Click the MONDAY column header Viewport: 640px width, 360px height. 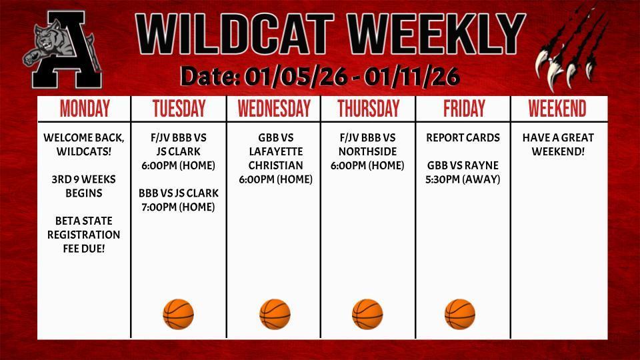pos(85,109)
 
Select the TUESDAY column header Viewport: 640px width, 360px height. pos(179,109)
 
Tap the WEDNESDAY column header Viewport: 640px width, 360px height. pos(274,109)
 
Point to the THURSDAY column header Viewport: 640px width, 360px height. pos(368,109)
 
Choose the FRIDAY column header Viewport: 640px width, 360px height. pos(463,109)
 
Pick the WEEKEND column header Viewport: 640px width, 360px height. pos(557,109)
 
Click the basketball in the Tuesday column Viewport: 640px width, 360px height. pos(179,314)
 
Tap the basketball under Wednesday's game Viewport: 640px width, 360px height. pos(275,314)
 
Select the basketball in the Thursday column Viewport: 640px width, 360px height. pos(367,314)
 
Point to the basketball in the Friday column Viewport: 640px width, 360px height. pos(460,314)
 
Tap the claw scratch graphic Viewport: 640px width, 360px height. pos(572,50)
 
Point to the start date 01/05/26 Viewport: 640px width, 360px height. pos(295,77)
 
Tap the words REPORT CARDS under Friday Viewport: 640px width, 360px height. pos(463,138)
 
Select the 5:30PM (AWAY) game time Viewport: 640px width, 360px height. pos(463,179)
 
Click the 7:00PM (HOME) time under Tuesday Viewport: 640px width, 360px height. pos(179,207)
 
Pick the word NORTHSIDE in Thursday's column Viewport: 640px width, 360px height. pos(368,151)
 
